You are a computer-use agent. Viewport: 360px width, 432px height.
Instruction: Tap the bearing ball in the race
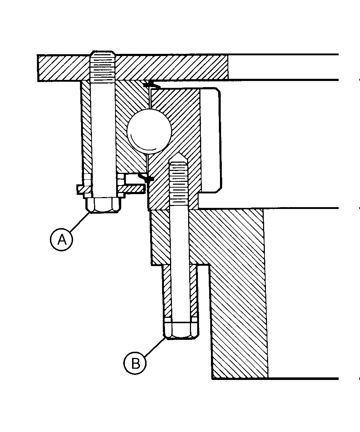tap(149, 131)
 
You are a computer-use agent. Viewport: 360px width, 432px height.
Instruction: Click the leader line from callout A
tap(80, 222)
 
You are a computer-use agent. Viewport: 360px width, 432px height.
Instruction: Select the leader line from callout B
tap(155, 346)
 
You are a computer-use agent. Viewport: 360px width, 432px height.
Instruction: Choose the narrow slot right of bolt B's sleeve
tap(204, 300)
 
